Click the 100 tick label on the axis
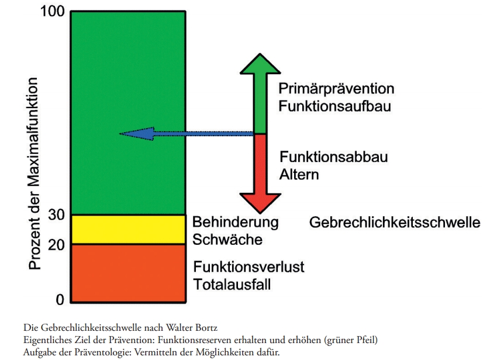[52, 12]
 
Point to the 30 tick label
[56, 215]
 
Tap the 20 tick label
[56, 245]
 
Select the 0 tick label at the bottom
[60, 299]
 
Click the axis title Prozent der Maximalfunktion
[33, 174]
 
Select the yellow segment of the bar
[128, 230]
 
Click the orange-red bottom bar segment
[128, 273]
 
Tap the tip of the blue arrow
[120, 134]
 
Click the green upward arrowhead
[260, 64]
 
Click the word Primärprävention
[336, 89]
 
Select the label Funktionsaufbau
[334, 106]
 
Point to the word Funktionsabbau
[334, 157]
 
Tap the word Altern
[299, 175]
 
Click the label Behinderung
[236, 222]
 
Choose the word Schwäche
[227, 240]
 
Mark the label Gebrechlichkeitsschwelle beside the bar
[395, 223]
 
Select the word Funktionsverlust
[249, 267]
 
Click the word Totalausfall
[232, 284]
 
